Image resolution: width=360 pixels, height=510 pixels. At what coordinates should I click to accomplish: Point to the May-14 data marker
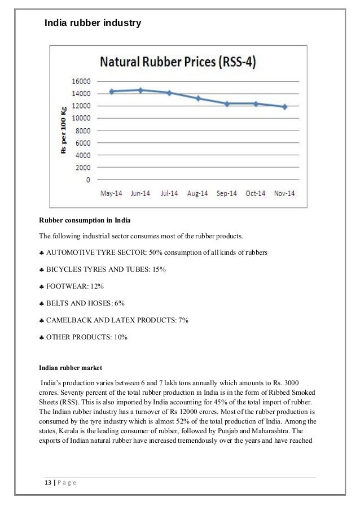112,91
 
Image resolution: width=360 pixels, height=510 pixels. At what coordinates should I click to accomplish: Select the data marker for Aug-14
198,98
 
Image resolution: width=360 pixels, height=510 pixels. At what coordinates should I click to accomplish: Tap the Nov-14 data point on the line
285,106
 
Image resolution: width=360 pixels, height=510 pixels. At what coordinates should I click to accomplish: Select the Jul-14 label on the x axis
169,194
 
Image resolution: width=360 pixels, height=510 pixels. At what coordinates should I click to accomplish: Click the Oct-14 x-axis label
256,194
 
